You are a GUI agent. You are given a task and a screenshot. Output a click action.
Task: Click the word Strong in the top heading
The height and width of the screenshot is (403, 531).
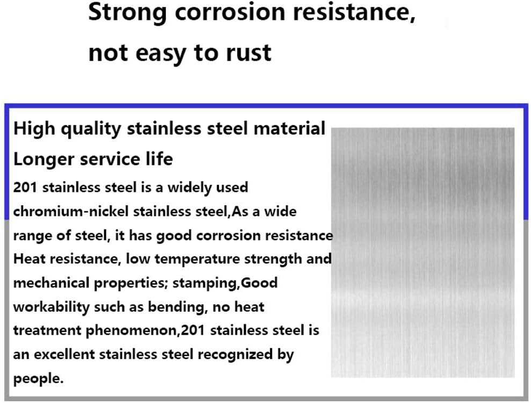(x=127, y=13)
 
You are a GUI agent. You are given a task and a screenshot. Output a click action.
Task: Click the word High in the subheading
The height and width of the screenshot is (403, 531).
(x=34, y=129)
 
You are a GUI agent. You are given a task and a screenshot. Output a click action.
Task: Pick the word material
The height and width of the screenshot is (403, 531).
(x=289, y=128)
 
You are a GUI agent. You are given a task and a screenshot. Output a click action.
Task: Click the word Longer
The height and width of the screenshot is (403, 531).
(x=43, y=159)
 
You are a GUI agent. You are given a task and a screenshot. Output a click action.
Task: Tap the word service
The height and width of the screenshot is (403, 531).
(x=110, y=159)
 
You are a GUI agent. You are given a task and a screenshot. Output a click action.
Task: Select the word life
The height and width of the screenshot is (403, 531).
(x=159, y=159)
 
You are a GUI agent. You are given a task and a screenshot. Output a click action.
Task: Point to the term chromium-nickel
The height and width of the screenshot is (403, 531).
(x=71, y=212)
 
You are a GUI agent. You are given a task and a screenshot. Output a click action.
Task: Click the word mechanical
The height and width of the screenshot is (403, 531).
(x=51, y=283)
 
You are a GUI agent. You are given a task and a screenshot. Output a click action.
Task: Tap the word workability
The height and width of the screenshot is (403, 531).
(x=51, y=307)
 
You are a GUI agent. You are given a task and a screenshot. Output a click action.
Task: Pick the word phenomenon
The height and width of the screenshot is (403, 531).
(x=132, y=331)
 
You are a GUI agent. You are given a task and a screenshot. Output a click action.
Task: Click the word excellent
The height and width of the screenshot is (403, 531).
(x=64, y=355)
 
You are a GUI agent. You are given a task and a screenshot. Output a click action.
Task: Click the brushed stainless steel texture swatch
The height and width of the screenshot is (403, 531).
(x=423, y=253)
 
